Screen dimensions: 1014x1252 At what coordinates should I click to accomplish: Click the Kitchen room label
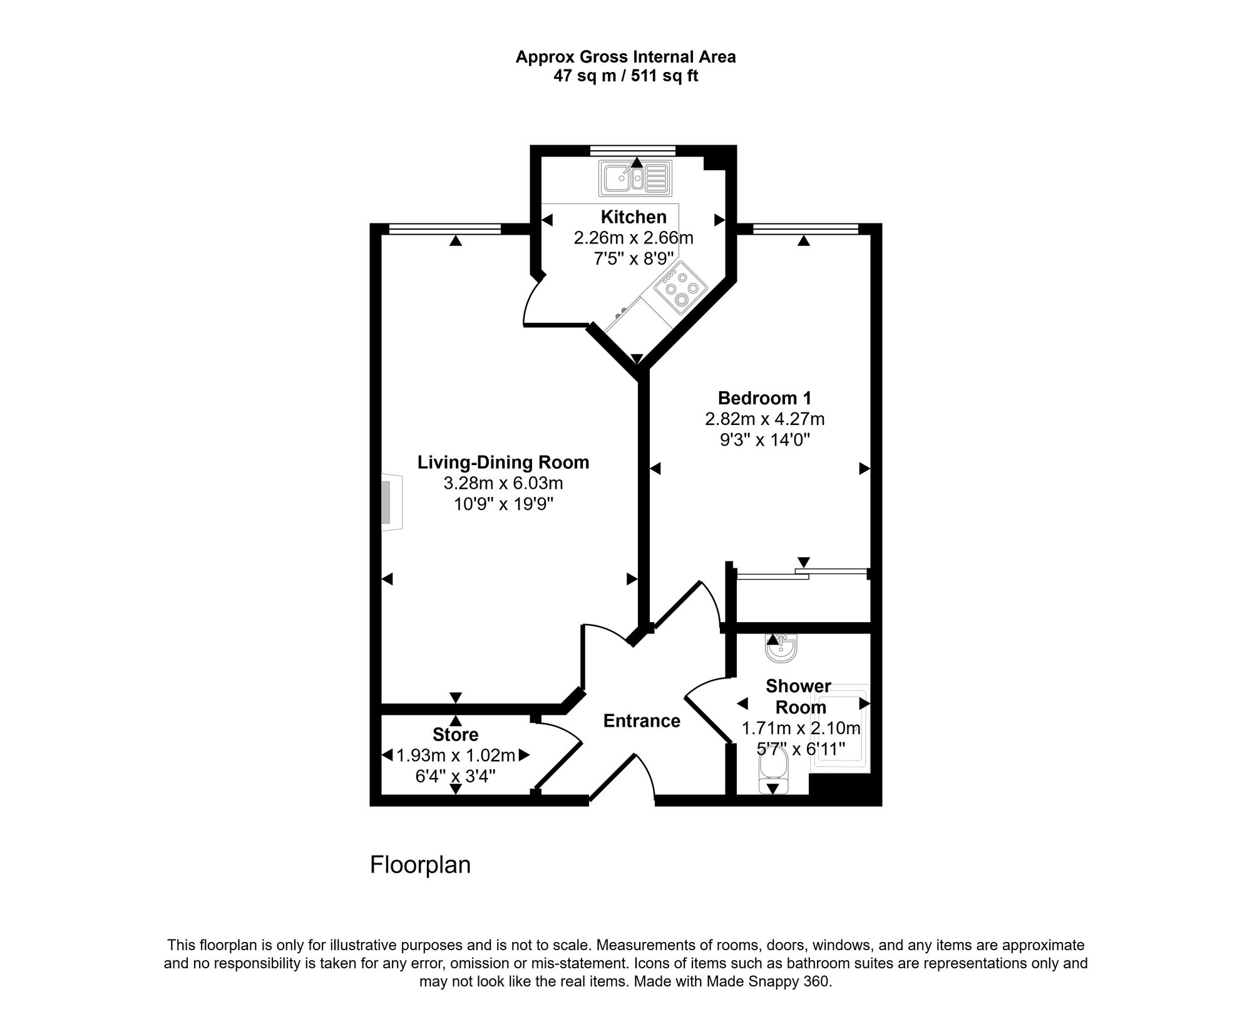coord(634,217)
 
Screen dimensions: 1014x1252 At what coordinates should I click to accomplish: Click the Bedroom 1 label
coord(764,398)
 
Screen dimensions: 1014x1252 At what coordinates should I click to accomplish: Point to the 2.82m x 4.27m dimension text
coord(764,419)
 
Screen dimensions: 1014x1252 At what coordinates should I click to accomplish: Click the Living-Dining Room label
coord(503,463)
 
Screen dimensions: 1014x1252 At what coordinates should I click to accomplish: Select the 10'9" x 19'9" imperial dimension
coord(503,504)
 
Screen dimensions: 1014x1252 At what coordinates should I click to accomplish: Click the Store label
coord(455,734)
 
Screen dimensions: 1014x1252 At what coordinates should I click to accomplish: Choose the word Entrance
coord(642,721)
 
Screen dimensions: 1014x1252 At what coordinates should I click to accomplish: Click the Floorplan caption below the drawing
coord(420,865)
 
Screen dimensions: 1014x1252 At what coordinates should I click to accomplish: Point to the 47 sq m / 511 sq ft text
coord(625,76)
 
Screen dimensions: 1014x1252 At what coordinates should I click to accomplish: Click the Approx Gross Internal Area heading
coord(625,57)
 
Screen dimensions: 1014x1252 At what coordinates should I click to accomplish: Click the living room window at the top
coord(445,230)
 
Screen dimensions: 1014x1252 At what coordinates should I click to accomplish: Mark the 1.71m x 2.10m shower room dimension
coord(801,728)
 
